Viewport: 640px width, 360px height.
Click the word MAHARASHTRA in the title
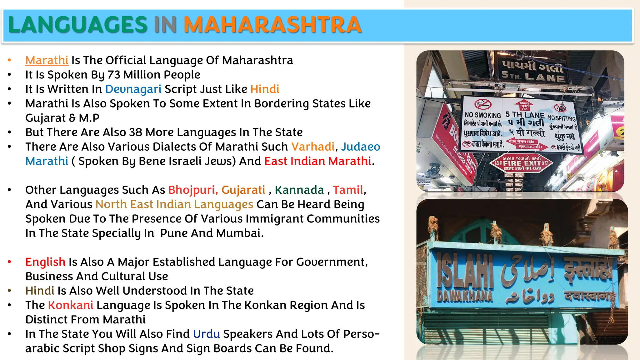[272, 25]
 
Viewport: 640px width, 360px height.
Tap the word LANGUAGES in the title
[78, 25]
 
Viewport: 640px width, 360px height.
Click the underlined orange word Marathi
[47, 60]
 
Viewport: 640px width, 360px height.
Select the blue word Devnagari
[133, 89]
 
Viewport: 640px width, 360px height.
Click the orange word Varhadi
[313, 147]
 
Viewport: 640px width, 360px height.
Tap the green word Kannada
[299, 190]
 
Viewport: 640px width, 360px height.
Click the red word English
[45, 262]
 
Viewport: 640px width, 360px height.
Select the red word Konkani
[71, 305]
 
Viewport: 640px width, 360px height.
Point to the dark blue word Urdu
[207, 334]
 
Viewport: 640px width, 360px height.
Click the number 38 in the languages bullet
[136, 132]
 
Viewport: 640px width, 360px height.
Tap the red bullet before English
[10, 262]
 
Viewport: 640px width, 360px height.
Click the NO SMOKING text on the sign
[482, 115]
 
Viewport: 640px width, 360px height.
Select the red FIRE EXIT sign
[521, 163]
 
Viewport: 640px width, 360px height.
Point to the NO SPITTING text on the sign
[562, 118]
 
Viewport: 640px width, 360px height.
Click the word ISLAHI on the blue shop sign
[465, 270]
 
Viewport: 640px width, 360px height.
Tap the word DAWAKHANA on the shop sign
[465, 296]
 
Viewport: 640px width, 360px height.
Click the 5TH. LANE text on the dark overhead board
[533, 76]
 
